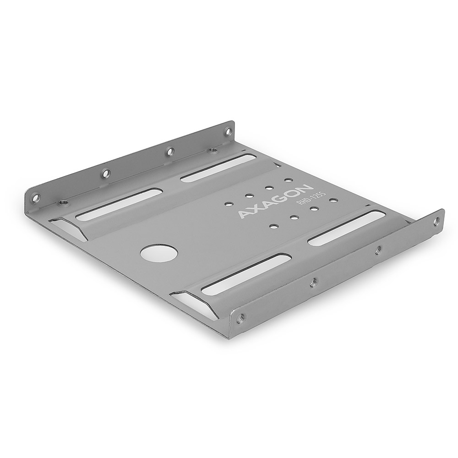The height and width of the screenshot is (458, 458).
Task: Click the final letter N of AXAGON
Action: [x=306, y=189]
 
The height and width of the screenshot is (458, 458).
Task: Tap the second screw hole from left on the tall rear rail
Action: [x=105, y=173]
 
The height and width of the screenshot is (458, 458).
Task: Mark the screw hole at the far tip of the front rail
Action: [x=436, y=221]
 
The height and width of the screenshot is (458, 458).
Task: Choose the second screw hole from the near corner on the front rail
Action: [x=313, y=283]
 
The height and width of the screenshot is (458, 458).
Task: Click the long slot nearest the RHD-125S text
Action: [x=346, y=228]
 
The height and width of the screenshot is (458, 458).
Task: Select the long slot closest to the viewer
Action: [x=246, y=273]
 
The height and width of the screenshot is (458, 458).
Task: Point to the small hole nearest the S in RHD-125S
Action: [x=333, y=200]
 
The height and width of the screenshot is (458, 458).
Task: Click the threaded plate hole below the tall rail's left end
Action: [x=64, y=202]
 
